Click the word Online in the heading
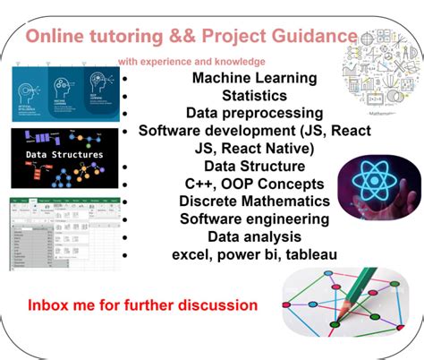[x=55, y=38]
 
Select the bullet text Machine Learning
[x=254, y=78]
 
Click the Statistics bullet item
[x=255, y=95]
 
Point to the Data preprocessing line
[x=255, y=113]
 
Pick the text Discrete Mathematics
[x=255, y=201]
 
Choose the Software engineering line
[x=255, y=219]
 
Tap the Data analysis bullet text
[x=255, y=237]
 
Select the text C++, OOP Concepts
[x=255, y=184]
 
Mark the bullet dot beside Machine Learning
[x=128, y=79]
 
